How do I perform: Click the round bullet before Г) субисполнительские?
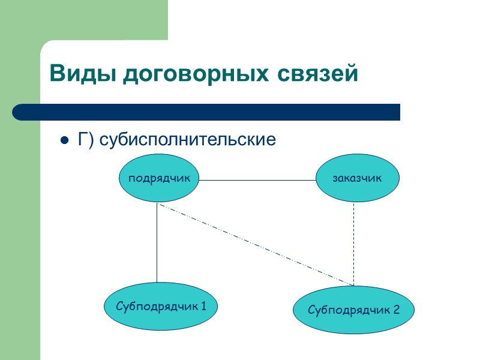(62, 141)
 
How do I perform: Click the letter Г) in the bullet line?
(85, 140)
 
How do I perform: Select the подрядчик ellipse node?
(159, 178)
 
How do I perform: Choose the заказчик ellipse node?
(357, 178)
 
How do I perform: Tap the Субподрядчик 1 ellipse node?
(160, 307)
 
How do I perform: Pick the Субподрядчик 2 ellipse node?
(353, 310)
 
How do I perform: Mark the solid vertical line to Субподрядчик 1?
(157, 243)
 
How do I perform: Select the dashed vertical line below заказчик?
(353, 243)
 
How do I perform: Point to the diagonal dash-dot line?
(255, 244)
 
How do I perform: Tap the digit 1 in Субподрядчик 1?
(203, 307)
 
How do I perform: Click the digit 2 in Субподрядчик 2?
(396, 310)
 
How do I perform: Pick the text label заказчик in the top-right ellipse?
(357, 178)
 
